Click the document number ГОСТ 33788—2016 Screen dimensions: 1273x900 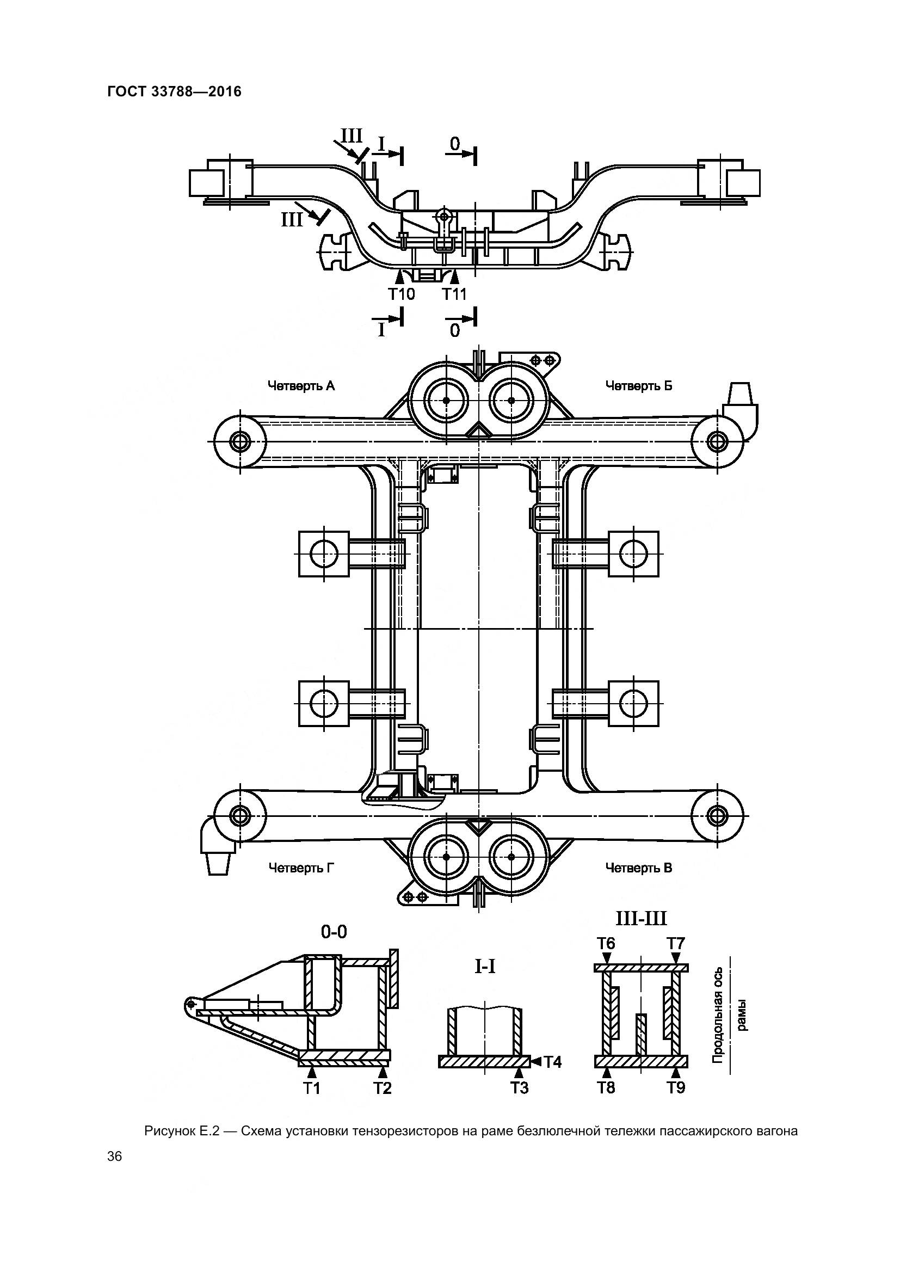click(x=175, y=91)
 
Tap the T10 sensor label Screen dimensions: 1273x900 click(x=401, y=294)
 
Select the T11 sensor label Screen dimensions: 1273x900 click(x=454, y=294)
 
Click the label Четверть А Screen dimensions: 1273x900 click(x=301, y=385)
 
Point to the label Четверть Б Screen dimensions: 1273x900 click(x=639, y=385)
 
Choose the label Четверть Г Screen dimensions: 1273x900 click(x=301, y=868)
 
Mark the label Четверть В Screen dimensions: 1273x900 click(x=639, y=868)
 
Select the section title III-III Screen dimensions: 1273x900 click(x=641, y=919)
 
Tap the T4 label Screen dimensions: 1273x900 click(x=552, y=1062)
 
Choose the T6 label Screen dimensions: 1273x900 click(x=606, y=943)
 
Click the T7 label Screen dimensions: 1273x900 click(x=676, y=943)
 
